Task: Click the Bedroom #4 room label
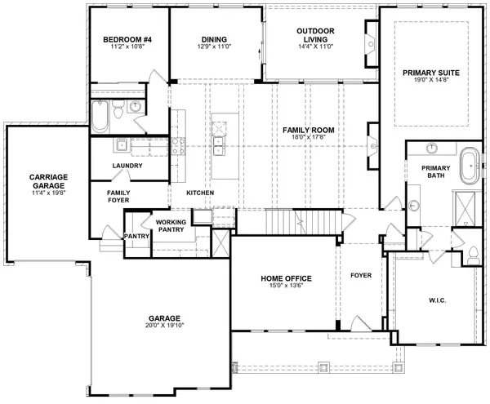[x=123, y=39]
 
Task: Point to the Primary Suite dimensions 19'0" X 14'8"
[x=431, y=82]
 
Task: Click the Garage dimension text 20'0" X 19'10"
[x=164, y=326]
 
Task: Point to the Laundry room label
[x=127, y=166]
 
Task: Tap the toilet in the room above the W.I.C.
[x=473, y=251]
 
